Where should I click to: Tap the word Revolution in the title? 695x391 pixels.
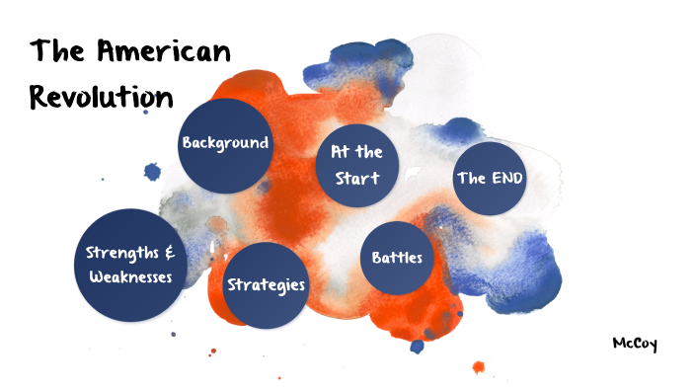point(102,97)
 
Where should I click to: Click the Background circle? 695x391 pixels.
point(225,145)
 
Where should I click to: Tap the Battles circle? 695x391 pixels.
point(397,258)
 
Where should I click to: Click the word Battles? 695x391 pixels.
point(397,258)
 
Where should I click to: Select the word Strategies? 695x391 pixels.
point(267,285)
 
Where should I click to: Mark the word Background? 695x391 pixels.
point(225,142)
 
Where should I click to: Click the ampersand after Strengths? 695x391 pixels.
point(170,253)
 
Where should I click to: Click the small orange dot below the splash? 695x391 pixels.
point(480,368)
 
